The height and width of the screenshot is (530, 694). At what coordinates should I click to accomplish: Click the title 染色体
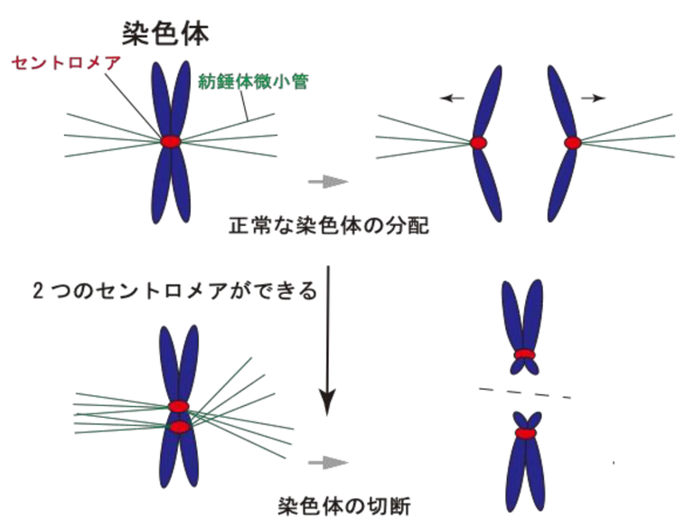point(166,33)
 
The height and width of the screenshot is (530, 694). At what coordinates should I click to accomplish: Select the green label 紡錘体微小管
point(254,82)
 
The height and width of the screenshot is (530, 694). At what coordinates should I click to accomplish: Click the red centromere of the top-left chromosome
point(171,141)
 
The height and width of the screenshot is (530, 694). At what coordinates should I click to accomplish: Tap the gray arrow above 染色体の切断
point(328,462)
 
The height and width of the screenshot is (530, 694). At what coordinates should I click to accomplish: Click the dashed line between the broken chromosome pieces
point(524,391)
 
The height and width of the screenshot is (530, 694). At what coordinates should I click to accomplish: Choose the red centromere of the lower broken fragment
point(524,433)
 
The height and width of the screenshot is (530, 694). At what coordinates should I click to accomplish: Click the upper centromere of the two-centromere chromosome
point(178,407)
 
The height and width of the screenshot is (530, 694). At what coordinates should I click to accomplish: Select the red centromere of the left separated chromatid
point(478,142)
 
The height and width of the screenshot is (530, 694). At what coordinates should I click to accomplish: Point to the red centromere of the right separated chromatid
point(572,142)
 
